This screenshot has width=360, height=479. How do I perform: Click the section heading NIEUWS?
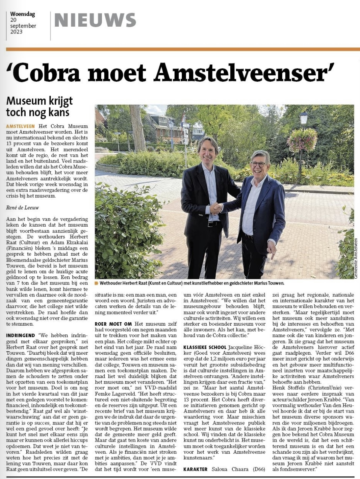click(x=95, y=20)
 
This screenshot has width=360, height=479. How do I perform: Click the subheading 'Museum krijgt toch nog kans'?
click(x=39, y=106)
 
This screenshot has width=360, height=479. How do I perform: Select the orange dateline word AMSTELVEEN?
click(x=20, y=126)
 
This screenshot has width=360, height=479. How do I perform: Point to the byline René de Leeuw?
click(x=23, y=208)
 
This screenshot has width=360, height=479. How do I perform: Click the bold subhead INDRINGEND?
click(x=21, y=335)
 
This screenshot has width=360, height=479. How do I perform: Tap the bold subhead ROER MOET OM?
click(x=113, y=324)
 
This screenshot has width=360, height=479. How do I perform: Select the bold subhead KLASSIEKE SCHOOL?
click(x=205, y=347)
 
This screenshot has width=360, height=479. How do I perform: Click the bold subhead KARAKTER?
click(x=196, y=469)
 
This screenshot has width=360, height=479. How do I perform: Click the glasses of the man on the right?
click(x=258, y=165)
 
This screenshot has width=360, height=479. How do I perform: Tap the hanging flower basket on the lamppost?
click(x=302, y=140)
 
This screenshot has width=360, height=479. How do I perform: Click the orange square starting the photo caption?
click(x=97, y=283)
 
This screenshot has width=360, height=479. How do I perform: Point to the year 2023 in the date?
click(x=16, y=32)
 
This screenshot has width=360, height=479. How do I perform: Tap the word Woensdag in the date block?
click(x=23, y=14)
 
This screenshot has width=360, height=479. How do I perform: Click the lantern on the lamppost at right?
click(x=304, y=118)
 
